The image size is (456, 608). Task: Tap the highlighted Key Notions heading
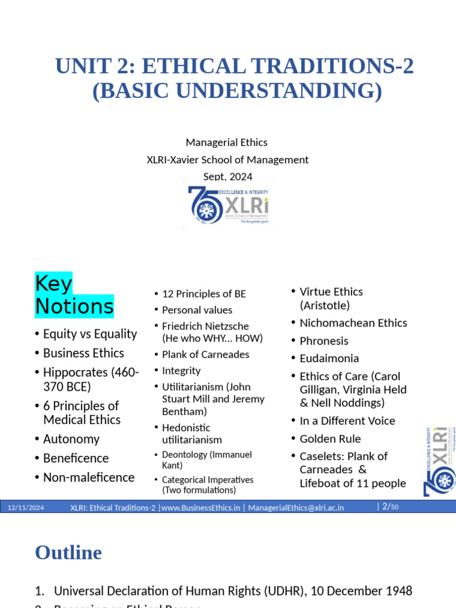click(74, 295)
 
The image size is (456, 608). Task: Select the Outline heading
click(68, 553)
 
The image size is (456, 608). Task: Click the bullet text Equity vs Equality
click(90, 334)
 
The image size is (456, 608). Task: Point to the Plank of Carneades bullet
click(205, 354)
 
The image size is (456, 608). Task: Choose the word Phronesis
click(324, 341)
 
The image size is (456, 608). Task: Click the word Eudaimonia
click(329, 359)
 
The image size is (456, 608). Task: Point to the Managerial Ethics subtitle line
click(227, 142)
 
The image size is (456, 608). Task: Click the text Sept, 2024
click(228, 176)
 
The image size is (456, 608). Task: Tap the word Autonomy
click(71, 439)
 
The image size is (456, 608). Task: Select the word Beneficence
click(76, 458)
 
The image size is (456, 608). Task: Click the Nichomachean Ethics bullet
click(353, 323)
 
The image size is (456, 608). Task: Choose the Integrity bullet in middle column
click(181, 370)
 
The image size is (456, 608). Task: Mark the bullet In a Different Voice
click(347, 421)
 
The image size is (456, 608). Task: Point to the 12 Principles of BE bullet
click(204, 294)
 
